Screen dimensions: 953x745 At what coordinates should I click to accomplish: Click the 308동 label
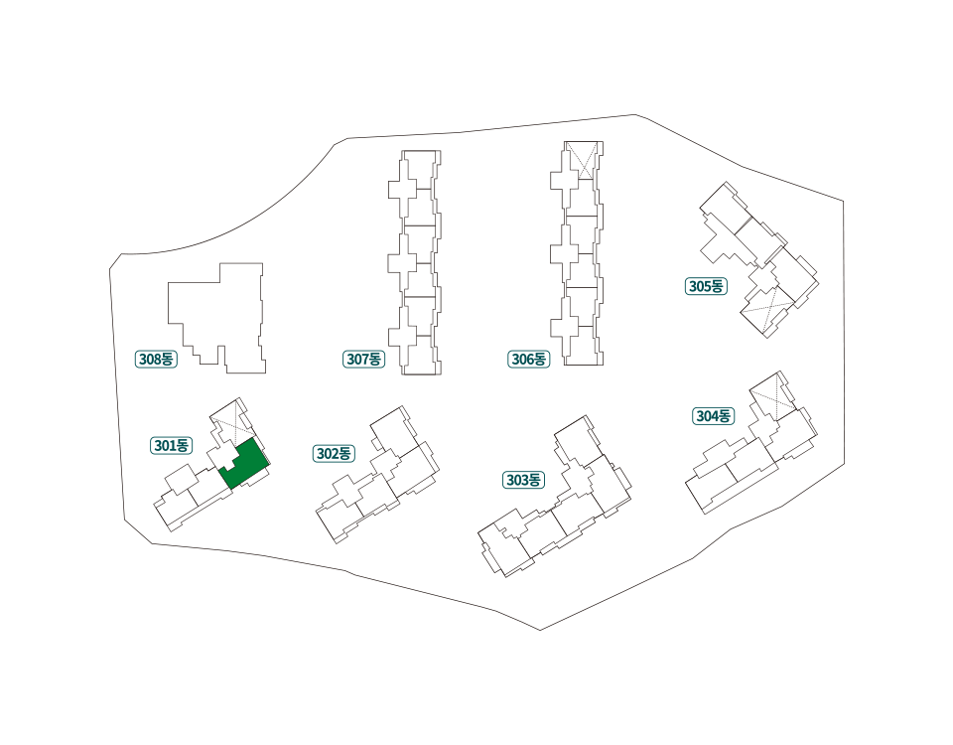click(x=156, y=360)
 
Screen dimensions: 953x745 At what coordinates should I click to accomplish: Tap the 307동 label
click(x=364, y=360)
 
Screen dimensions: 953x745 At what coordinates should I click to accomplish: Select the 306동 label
click(x=529, y=360)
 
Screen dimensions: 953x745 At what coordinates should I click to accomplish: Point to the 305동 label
click(x=706, y=286)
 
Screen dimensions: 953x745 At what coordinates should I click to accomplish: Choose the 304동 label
click(x=714, y=416)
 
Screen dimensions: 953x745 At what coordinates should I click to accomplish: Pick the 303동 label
click(x=523, y=480)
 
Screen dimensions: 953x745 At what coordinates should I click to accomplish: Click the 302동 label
click(x=335, y=454)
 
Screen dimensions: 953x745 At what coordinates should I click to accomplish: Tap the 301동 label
click(x=172, y=446)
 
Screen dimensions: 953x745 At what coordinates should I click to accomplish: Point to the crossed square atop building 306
click(x=580, y=161)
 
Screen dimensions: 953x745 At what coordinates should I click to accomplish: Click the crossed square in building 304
click(x=772, y=397)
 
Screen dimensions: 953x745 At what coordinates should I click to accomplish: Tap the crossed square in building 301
click(x=234, y=423)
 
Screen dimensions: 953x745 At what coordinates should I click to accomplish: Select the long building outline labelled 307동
click(x=415, y=262)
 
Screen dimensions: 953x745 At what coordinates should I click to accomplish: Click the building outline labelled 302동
click(x=378, y=475)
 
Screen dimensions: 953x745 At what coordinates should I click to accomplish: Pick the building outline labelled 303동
click(x=554, y=497)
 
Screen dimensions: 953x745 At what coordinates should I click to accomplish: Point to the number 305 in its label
click(x=700, y=286)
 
